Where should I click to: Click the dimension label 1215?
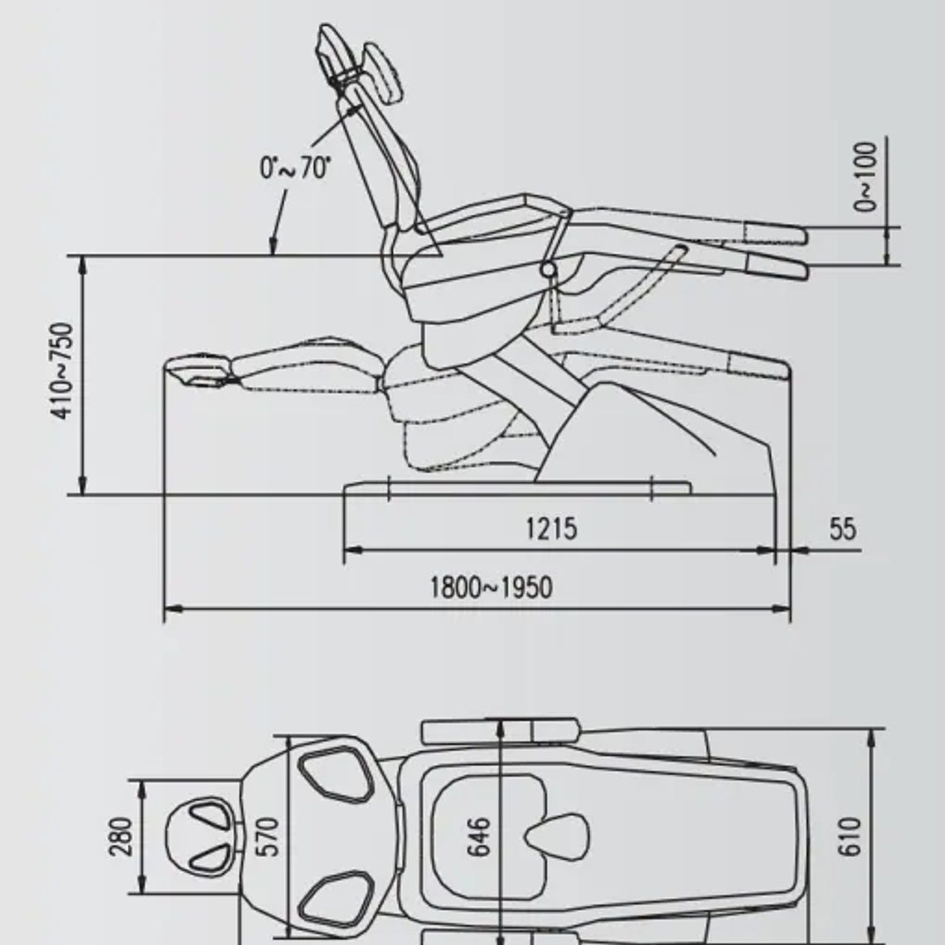tap(551, 528)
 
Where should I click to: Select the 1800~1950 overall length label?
tap(491, 588)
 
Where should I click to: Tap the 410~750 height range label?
tap(63, 371)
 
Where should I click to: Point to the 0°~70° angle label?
tap(296, 168)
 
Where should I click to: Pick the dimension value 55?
tap(842, 529)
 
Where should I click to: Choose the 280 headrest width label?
tap(121, 836)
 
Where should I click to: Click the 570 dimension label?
tap(269, 836)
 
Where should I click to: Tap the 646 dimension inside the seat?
tap(479, 836)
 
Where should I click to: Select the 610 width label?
tap(850, 836)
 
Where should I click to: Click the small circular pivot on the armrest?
tap(547, 269)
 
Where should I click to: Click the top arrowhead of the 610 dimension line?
tap(870, 736)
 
